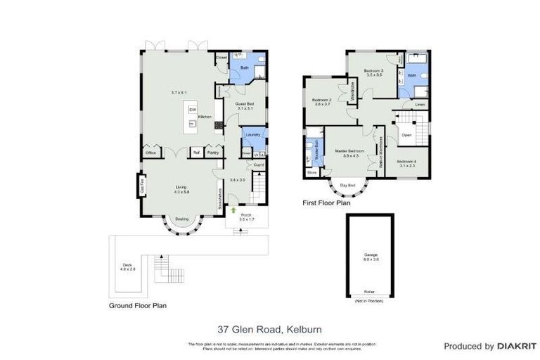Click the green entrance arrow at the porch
pos(233,210)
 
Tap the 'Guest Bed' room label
pos(244,104)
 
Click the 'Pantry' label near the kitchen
pos(212,153)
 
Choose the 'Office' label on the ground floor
pos(150,153)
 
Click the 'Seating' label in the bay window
pos(181,219)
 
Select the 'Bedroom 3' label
pos(373,71)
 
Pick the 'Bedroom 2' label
pos(321,101)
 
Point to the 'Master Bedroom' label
pos(349,151)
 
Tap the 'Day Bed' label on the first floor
pos(347,185)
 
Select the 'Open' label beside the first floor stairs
pos(406,134)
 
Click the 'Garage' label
pos(371,255)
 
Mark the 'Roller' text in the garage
pos(369,291)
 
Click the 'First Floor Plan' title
pos(326,202)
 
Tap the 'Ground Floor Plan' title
pos(137,306)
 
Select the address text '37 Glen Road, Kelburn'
pos(269,328)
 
